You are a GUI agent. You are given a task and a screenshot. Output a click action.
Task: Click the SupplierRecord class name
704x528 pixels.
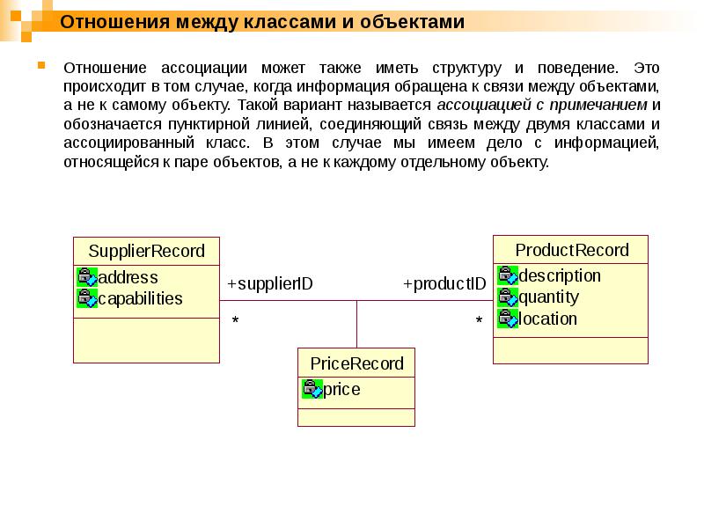click(146, 251)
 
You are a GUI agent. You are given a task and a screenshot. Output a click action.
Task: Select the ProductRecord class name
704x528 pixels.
click(571, 250)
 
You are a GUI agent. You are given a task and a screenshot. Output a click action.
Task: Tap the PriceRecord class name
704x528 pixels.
click(356, 363)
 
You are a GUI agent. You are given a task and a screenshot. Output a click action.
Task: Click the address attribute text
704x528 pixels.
click(128, 277)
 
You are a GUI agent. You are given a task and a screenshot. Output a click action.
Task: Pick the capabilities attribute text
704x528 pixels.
click(141, 298)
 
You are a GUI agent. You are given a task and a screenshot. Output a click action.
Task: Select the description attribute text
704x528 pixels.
click(560, 275)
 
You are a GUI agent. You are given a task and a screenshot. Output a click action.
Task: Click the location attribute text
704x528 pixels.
click(548, 319)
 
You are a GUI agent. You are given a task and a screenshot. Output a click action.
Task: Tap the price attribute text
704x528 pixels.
click(341, 389)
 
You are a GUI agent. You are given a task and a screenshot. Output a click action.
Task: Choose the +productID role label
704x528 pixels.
click(444, 284)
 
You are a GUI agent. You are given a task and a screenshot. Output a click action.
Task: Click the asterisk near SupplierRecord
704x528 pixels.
click(235, 322)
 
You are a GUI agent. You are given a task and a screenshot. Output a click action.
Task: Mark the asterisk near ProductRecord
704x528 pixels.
click(479, 322)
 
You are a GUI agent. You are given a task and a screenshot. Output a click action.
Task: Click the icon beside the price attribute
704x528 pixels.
click(312, 389)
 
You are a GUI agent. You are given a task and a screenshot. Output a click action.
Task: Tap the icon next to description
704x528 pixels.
click(508, 275)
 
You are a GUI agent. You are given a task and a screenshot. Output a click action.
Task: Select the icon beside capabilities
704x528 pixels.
click(87, 298)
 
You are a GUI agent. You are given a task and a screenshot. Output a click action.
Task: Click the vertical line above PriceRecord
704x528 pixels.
click(356, 324)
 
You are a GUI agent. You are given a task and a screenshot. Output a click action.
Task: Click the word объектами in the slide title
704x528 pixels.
click(414, 22)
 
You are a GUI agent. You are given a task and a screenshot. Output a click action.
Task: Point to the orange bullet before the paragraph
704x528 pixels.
click(40, 65)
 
